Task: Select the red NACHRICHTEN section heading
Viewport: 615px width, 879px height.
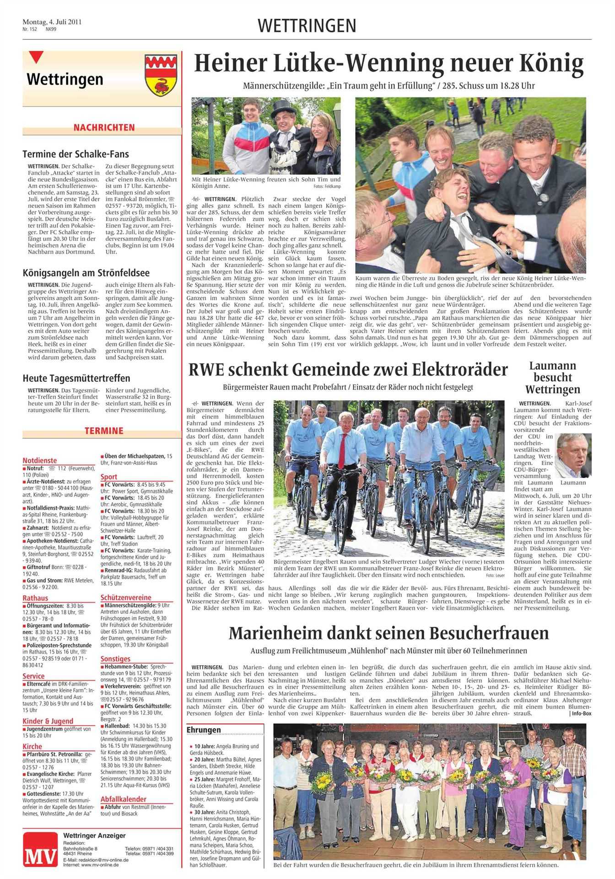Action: click(104, 128)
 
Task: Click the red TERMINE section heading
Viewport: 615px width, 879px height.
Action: click(104, 431)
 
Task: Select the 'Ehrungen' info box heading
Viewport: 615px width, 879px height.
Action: click(204, 730)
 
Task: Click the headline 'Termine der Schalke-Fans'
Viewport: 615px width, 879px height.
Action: click(76, 154)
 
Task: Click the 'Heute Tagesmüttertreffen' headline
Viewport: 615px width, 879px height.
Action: click(76, 379)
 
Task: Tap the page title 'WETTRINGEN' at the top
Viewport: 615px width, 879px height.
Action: click(307, 26)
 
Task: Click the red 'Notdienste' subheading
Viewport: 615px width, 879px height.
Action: click(40, 461)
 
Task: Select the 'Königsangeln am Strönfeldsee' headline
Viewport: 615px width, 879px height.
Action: click(86, 273)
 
